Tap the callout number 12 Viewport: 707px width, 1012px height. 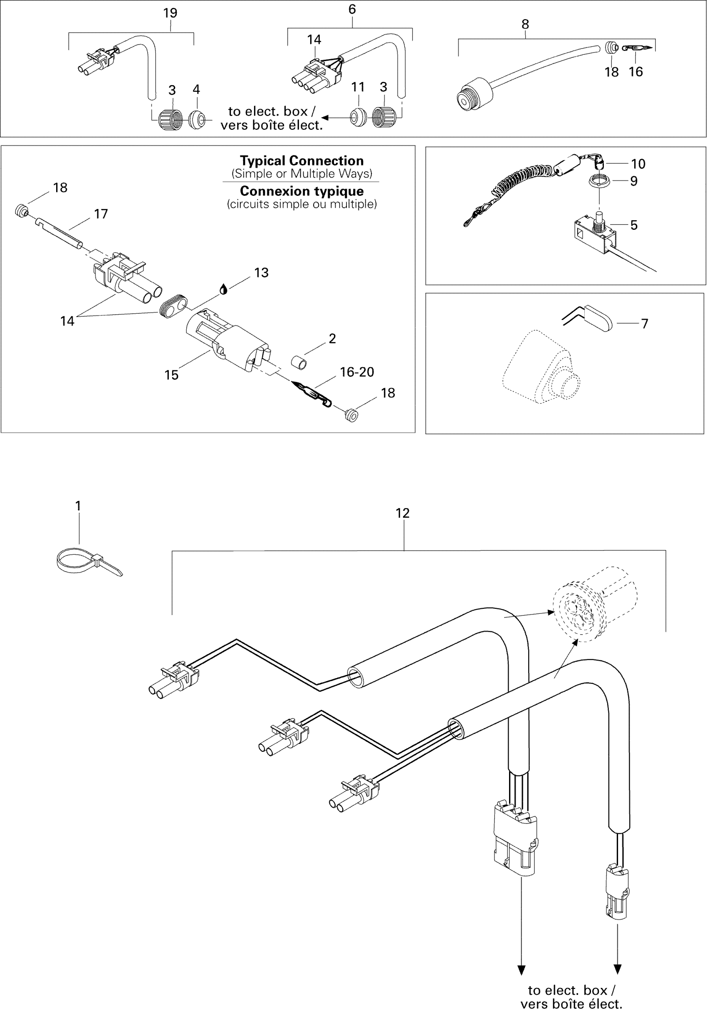[402, 513]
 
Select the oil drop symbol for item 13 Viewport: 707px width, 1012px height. [224, 290]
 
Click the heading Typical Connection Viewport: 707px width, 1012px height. [302, 160]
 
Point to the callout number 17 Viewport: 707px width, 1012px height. [101, 214]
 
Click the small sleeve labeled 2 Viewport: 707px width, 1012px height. [299, 363]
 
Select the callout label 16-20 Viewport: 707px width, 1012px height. [357, 372]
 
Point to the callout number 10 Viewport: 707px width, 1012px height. [638, 164]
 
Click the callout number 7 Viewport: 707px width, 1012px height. [644, 323]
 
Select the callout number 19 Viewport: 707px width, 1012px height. [170, 13]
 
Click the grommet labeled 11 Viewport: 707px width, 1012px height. [358, 117]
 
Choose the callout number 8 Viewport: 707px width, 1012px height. [525, 24]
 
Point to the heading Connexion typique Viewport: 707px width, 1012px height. [302, 191]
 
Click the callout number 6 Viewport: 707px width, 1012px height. [352, 9]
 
